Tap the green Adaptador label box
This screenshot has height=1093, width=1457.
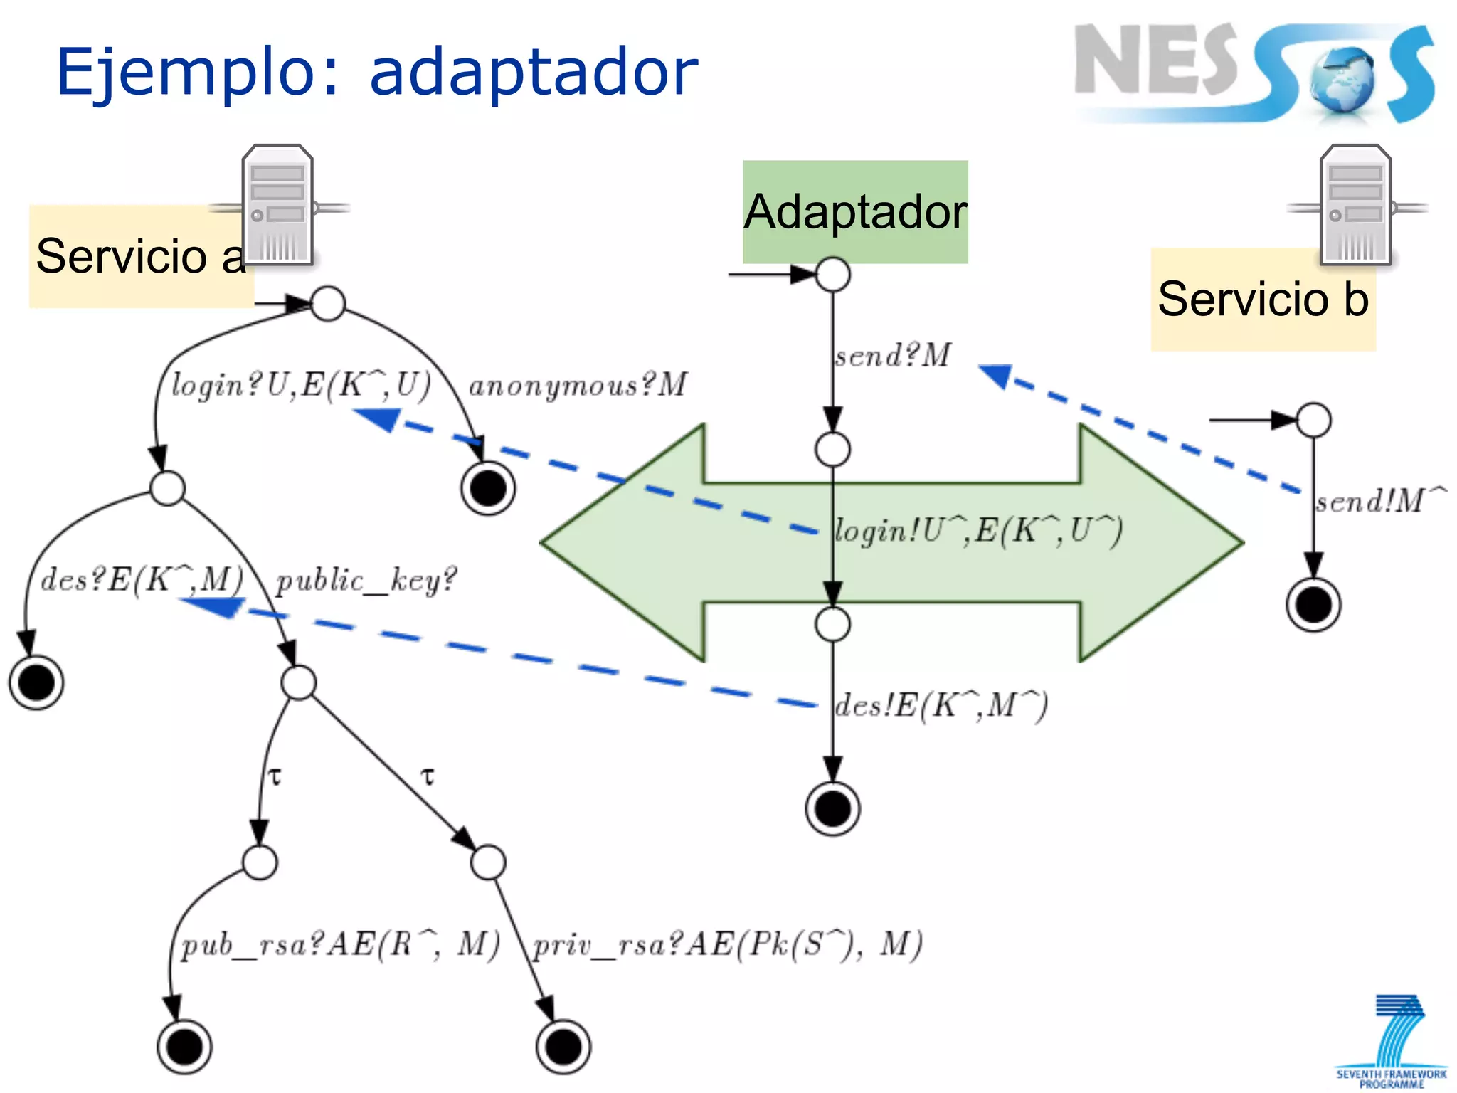pyautogui.click(x=855, y=211)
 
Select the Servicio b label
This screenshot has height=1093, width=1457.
pyautogui.click(x=1263, y=299)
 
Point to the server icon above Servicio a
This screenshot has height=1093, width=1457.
pyautogui.click(x=277, y=205)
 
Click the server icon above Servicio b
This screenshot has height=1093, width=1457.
pyautogui.click(x=1355, y=205)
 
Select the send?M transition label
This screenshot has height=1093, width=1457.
pyautogui.click(x=893, y=355)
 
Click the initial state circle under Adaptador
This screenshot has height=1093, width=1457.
pyautogui.click(x=832, y=275)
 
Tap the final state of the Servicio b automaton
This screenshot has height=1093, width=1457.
pyautogui.click(x=1313, y=606)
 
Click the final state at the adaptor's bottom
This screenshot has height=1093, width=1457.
pyautogui.click(x=832, y=808)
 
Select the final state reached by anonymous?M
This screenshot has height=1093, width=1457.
pyautogui.click(x=488, y=488)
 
